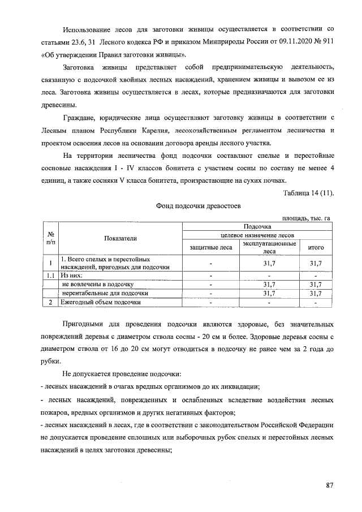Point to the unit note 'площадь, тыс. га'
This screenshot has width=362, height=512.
pos(305,218)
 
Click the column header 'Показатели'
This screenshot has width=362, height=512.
pos(120,239)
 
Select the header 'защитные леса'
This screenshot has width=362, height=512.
pos(210,247)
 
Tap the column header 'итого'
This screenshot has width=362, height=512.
pos(315,247)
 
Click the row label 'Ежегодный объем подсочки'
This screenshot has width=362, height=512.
pos(101,303)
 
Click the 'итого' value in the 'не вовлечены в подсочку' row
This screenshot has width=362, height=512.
pos(315,285)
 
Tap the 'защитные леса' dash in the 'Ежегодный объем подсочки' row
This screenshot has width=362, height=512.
pos(210,303)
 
